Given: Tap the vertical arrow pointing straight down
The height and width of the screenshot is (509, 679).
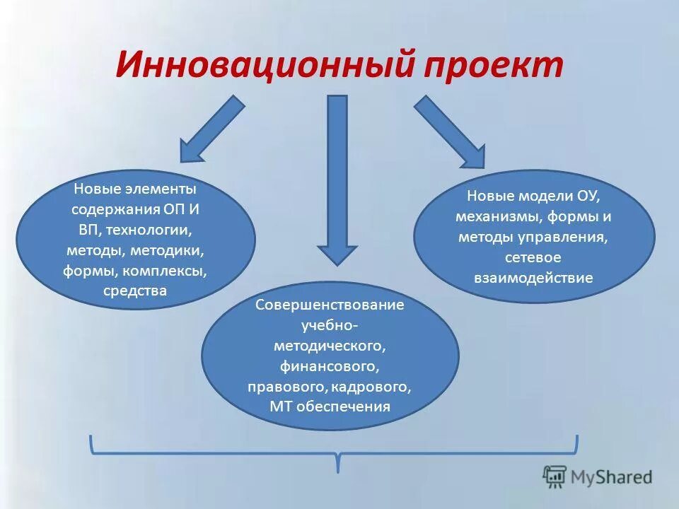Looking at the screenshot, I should point(337,177).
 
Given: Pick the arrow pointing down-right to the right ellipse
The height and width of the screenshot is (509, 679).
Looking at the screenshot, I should point(451,131).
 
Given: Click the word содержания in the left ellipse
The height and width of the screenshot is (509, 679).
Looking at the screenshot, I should point(114,210).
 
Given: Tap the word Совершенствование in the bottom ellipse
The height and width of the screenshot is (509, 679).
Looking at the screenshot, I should point(330,305).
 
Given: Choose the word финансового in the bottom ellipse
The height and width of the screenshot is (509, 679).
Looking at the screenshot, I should point(330,366).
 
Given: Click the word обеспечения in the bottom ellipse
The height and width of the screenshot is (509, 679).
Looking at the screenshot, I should point(352,406).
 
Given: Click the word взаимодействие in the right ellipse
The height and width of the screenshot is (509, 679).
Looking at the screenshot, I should point(533,277).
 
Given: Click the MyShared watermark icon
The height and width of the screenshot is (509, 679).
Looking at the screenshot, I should point(555,476).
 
